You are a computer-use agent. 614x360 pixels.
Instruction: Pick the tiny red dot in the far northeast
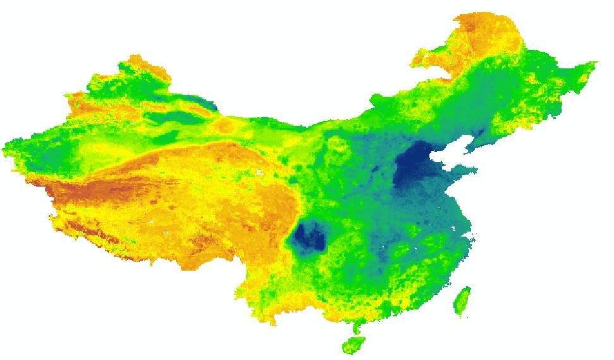click(x=559, y=82)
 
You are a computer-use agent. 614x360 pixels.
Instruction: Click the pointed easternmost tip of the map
click(x=596, y=62)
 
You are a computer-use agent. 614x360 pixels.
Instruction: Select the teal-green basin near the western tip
click(x=57, y=155)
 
